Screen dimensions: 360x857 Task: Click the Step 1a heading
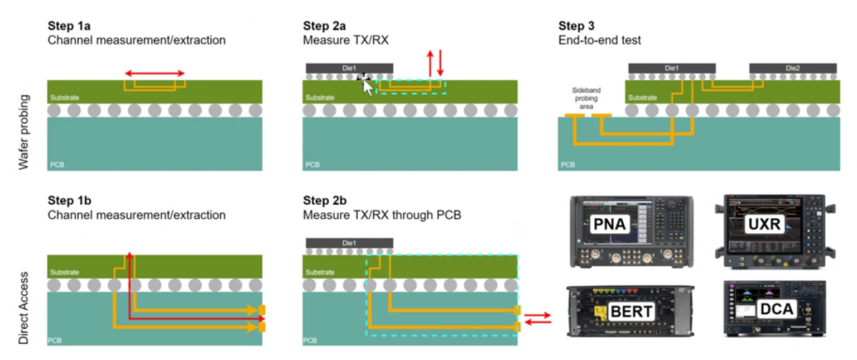69,26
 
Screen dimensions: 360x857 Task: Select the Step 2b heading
324,200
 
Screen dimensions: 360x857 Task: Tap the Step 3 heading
576,26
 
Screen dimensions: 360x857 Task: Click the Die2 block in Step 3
792,68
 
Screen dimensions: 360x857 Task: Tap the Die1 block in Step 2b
349,243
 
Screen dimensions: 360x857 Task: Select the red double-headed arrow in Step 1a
154,74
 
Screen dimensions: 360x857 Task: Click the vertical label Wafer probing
23,132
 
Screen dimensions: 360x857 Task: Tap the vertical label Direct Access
23,308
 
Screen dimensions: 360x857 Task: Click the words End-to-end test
599,40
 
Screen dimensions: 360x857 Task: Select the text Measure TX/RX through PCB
382,215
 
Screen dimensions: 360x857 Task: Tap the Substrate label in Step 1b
64,272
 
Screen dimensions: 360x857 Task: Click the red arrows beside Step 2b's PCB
537,318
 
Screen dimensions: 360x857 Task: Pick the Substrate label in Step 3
642,98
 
